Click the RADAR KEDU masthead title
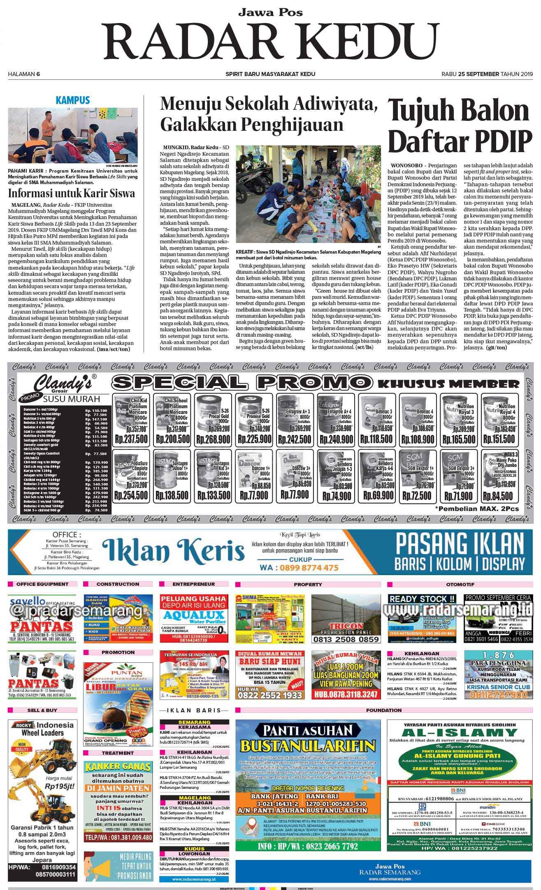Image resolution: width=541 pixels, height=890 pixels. click(270, 41)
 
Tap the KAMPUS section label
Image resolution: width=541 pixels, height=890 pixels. click(72, 100)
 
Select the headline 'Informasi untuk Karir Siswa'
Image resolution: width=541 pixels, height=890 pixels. click(72, 194)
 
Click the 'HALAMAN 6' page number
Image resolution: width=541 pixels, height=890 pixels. click(24, 74)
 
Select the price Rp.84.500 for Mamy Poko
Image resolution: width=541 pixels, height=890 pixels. click(499, 496)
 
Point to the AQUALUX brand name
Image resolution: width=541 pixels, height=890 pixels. click(193, 615)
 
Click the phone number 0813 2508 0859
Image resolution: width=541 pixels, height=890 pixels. click(346, 640)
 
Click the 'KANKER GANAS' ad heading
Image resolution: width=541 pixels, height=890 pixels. click(118, 766)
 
